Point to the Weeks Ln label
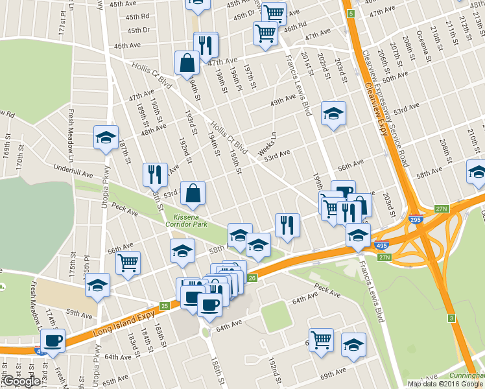point(266,143)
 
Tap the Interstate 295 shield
point(414,220)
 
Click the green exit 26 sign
point(252,278)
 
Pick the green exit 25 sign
point(164,305)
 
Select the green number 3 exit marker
point(451,318)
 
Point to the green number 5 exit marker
point(351,14)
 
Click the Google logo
point(21,381)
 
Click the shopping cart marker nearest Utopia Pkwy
point(128,263)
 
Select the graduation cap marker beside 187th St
point(106,137)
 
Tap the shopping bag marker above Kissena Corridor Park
point(193,193)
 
